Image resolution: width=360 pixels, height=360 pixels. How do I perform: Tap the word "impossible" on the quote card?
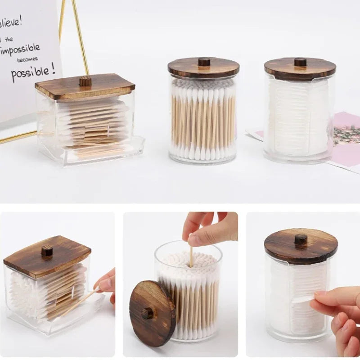tap(21, 49)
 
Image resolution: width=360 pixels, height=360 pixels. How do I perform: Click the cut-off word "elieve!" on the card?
tap(11, 21)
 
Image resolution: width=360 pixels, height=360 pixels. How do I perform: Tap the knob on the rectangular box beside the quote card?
tap(85, 81)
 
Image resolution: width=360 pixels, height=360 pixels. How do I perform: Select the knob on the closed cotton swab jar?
tap(204, 62)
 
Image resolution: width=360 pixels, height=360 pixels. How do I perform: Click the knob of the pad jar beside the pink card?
tap(300, 62)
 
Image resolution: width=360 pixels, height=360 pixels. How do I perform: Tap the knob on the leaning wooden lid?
tap(147, 313)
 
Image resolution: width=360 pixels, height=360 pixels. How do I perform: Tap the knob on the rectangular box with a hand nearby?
tap(47, 251)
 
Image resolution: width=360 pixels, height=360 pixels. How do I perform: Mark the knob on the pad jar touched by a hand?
tap(301, 239)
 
